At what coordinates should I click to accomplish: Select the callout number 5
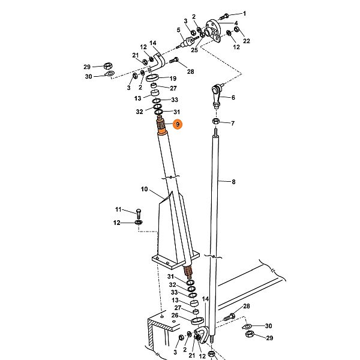tap(179, 30)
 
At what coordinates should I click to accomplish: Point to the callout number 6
tap(233, 97)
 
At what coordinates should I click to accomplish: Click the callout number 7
tap(233, 123)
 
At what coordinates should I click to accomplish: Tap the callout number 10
tap(144, 189)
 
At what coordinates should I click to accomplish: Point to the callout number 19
tap(173, 79)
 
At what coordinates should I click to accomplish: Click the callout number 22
tap(247, 40)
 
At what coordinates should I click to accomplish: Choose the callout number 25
tap(194, 50)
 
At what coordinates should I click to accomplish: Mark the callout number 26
tap(175, 315)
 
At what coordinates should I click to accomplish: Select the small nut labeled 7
tap(215, 123)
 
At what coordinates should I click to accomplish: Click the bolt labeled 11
tap(137, 212)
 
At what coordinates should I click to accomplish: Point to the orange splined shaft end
tap(163, 127)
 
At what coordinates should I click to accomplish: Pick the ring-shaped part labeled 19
tap(154, 79)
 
